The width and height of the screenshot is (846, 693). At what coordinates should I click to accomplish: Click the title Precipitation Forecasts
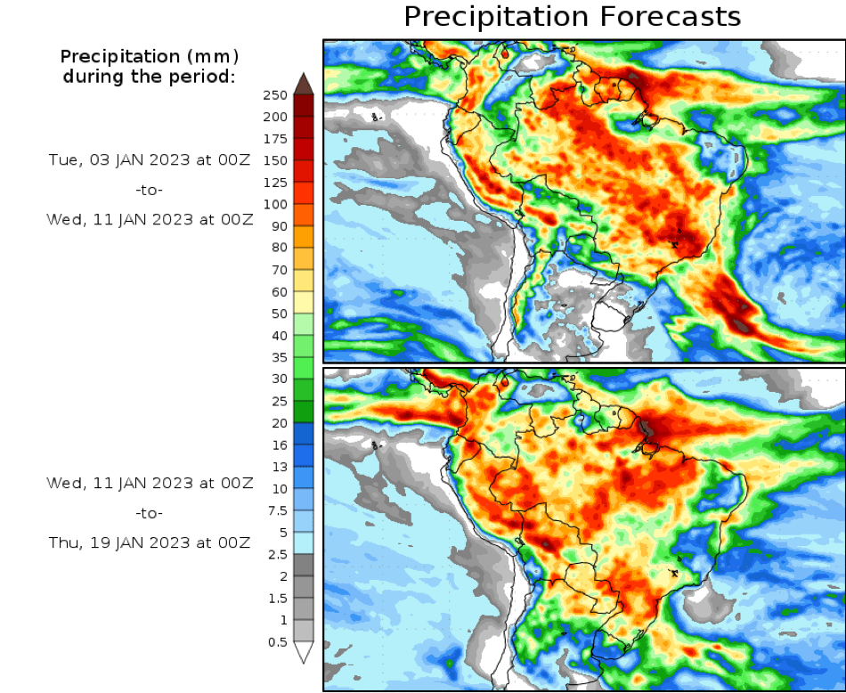(572, 17)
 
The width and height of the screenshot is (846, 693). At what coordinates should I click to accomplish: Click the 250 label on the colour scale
(276, 95)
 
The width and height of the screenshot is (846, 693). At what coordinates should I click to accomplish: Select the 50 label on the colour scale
(280, 314)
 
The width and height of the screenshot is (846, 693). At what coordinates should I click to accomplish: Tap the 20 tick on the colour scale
(280, 423)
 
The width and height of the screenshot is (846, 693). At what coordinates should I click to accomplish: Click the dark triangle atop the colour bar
(304, 84)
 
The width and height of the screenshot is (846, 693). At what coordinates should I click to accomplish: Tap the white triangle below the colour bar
(304, 653)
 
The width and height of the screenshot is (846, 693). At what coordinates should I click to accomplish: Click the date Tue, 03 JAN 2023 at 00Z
(150, 160)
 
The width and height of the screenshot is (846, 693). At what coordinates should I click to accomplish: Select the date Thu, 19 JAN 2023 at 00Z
(150, 542)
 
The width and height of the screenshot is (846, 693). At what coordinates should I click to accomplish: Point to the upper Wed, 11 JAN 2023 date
(150, 220)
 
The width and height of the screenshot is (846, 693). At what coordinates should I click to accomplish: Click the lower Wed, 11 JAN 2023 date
(150, 484)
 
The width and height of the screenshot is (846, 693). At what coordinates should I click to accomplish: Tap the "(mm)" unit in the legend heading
(212, 57)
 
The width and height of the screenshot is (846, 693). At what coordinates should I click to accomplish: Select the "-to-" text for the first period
(150, 190)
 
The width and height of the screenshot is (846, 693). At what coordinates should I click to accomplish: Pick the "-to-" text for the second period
(150, 513)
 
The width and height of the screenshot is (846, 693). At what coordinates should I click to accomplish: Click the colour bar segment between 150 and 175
(304, 150)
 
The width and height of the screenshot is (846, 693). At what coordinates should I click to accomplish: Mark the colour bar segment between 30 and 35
(304, 368)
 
